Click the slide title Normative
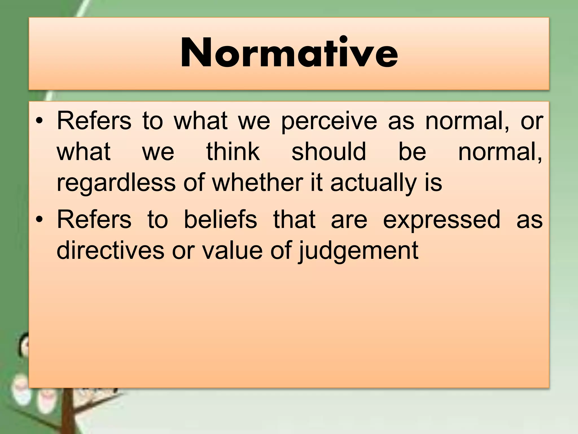pos(289,53)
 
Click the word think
pos(233,152)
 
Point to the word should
pos(329,152)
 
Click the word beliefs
pos(220,220)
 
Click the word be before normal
pos(412,152)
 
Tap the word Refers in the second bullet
pos(94,220)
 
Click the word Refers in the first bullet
pos(94,121)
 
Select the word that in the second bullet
pos(294,220)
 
